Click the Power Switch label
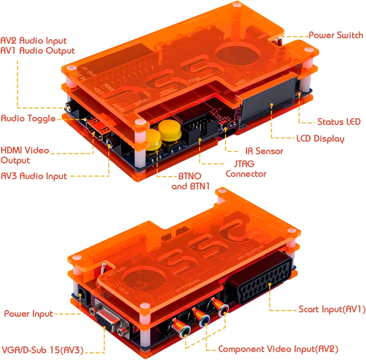point(335,35)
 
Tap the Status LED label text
point(339,122)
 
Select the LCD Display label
point(320,139)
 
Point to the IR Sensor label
point(264,151)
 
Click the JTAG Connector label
point(246,169)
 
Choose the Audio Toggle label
point(28,118)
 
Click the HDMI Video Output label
point(25,155)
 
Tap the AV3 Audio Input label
point(34,176)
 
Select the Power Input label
point(28,314)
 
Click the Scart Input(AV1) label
point(331,309)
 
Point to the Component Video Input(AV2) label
point(278,349)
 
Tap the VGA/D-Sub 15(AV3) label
point(42,350)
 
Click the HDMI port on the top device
point(95,130)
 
